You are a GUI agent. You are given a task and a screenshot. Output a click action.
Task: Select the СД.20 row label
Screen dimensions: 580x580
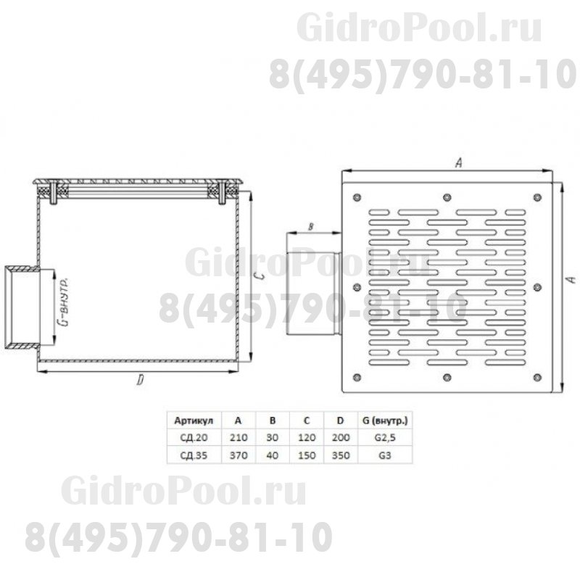click(x=190, y=437)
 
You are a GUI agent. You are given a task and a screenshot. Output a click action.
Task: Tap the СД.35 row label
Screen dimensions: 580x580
click(x=190, y=455)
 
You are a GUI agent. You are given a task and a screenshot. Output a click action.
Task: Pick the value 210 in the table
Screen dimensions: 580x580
click(x=239, y=437)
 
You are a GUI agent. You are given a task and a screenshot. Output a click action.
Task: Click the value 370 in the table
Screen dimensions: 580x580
click(x=239, y=455)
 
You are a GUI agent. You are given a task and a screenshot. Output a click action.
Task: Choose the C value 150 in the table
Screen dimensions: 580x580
click(x=307, y=455)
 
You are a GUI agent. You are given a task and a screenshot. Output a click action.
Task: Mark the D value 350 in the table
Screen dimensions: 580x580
click(x=342, y=455)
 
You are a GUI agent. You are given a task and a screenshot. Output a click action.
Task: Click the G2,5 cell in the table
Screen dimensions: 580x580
click(x=386, y=437)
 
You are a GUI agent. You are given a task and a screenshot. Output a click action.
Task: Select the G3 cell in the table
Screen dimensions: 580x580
click(x=386, y=455)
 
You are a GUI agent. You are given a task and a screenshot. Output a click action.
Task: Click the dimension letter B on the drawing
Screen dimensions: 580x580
click(x=310, y=227)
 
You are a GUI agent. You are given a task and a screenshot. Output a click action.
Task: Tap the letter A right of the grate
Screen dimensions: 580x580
click(x=570, y=279)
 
